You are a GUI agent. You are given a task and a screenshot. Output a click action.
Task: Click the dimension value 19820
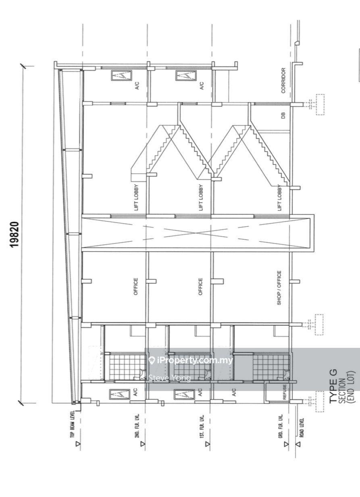coord(15,234)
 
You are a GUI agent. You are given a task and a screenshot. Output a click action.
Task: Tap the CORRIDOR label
coord(283,81)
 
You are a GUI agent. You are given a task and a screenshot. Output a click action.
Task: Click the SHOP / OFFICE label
coord(279,288)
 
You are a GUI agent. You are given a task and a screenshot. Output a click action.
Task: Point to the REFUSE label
coord(285,392)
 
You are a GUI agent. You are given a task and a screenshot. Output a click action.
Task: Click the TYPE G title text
coord(333,386)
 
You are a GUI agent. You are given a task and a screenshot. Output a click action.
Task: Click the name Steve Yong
coord(170,378)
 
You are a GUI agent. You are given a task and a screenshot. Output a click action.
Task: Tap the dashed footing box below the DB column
coord(320,104)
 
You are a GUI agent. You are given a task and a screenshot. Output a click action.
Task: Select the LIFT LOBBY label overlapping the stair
coord(279,198)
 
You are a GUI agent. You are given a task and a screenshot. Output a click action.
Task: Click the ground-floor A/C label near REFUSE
coord(234,393)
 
